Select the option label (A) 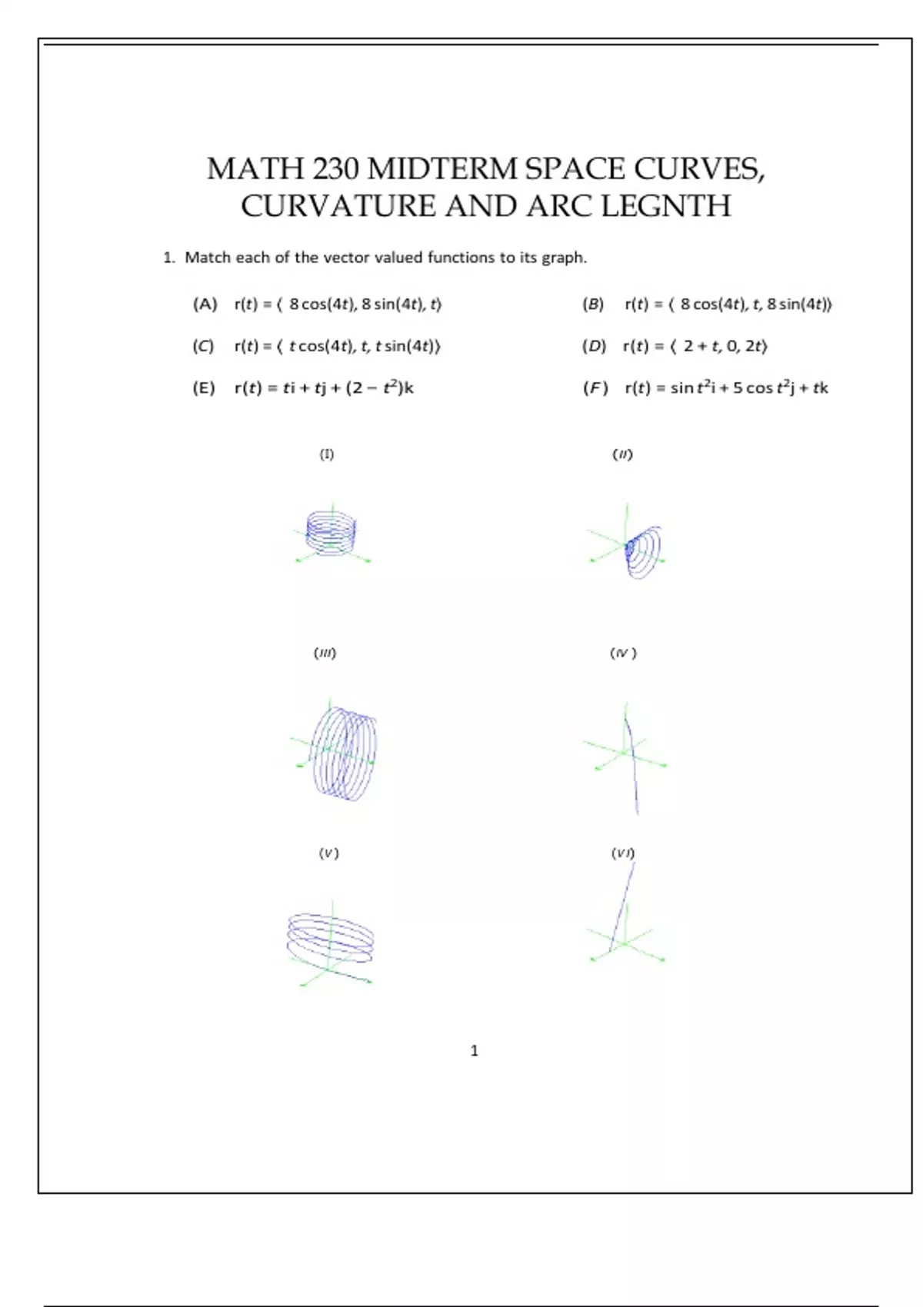tap(205, 304)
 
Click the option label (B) tap(593, 304)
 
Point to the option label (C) tap(203, 346)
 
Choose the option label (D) tap(594, 346)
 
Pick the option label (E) tap(204, 388)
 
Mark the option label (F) tap(595, 388)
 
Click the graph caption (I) tap(327, 454)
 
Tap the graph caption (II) tap(622, 454)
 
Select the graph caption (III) tap(325, 653)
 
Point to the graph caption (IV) tap(623, 653)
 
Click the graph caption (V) tap(328, 853)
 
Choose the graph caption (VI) tap(623, 853)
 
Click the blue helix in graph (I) tap(332, 530)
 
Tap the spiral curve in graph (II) tap(645, 550)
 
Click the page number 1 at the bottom tap(475, 1051)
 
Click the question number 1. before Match tap(169, 258)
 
